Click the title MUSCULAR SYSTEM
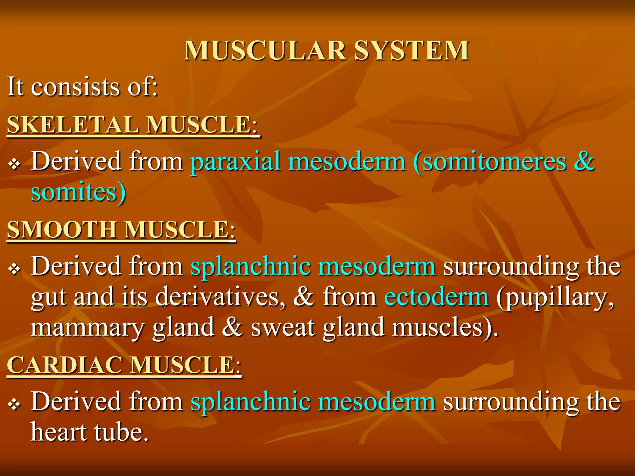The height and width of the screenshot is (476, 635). click(x=326, y=51)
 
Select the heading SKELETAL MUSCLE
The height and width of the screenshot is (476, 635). click(x=133, y=125)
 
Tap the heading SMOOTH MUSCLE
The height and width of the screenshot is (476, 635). click(x=121, y=230)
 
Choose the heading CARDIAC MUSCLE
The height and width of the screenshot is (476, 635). click(x=124, y=365)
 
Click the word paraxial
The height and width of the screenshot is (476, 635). click(x=236, y=162)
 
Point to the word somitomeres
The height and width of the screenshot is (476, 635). click(x=494, y=162)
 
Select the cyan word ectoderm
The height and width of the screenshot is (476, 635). click(x=437, y=297)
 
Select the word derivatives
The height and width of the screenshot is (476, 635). click(x=220, y=297)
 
